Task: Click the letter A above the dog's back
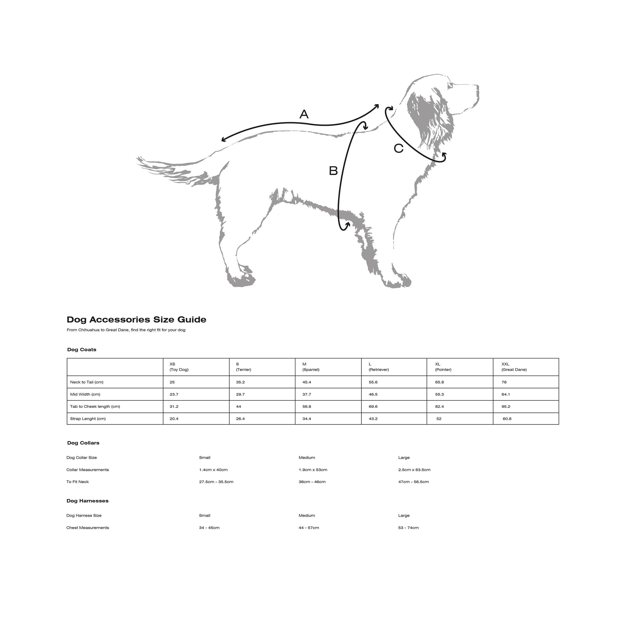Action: pyautogui.click(x=304, y=114)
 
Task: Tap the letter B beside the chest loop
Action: pyautogui.click(x=333, y=171)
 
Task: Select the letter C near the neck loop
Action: pyautogui.click(x=399, y=149)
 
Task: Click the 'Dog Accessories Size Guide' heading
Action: pyautogui.click(x=136, y=320)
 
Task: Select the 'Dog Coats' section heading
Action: pyautogui.click(x=82, y=349)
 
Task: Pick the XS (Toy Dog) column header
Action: pyautogui.click(x=179, y=367)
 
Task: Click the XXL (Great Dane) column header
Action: pyautogui.click(x=514, y=367)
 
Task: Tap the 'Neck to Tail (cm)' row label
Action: pyautogui.click(x=87, y=382)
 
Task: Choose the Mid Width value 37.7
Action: pyautogui.click(x=307, y=394)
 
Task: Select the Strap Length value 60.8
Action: pyautogui.click(x=507, y=419)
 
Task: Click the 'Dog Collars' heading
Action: pyautogui.click(x=83, y=443)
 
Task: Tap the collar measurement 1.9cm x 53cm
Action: pyautogui.click(x=313, y=470)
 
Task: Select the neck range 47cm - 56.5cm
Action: pyautogui.click(x=413, y=482)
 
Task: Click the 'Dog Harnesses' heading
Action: pyautogui.click(x=87, y=501)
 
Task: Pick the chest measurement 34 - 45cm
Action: pyautogui.click(x=209, y=528)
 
